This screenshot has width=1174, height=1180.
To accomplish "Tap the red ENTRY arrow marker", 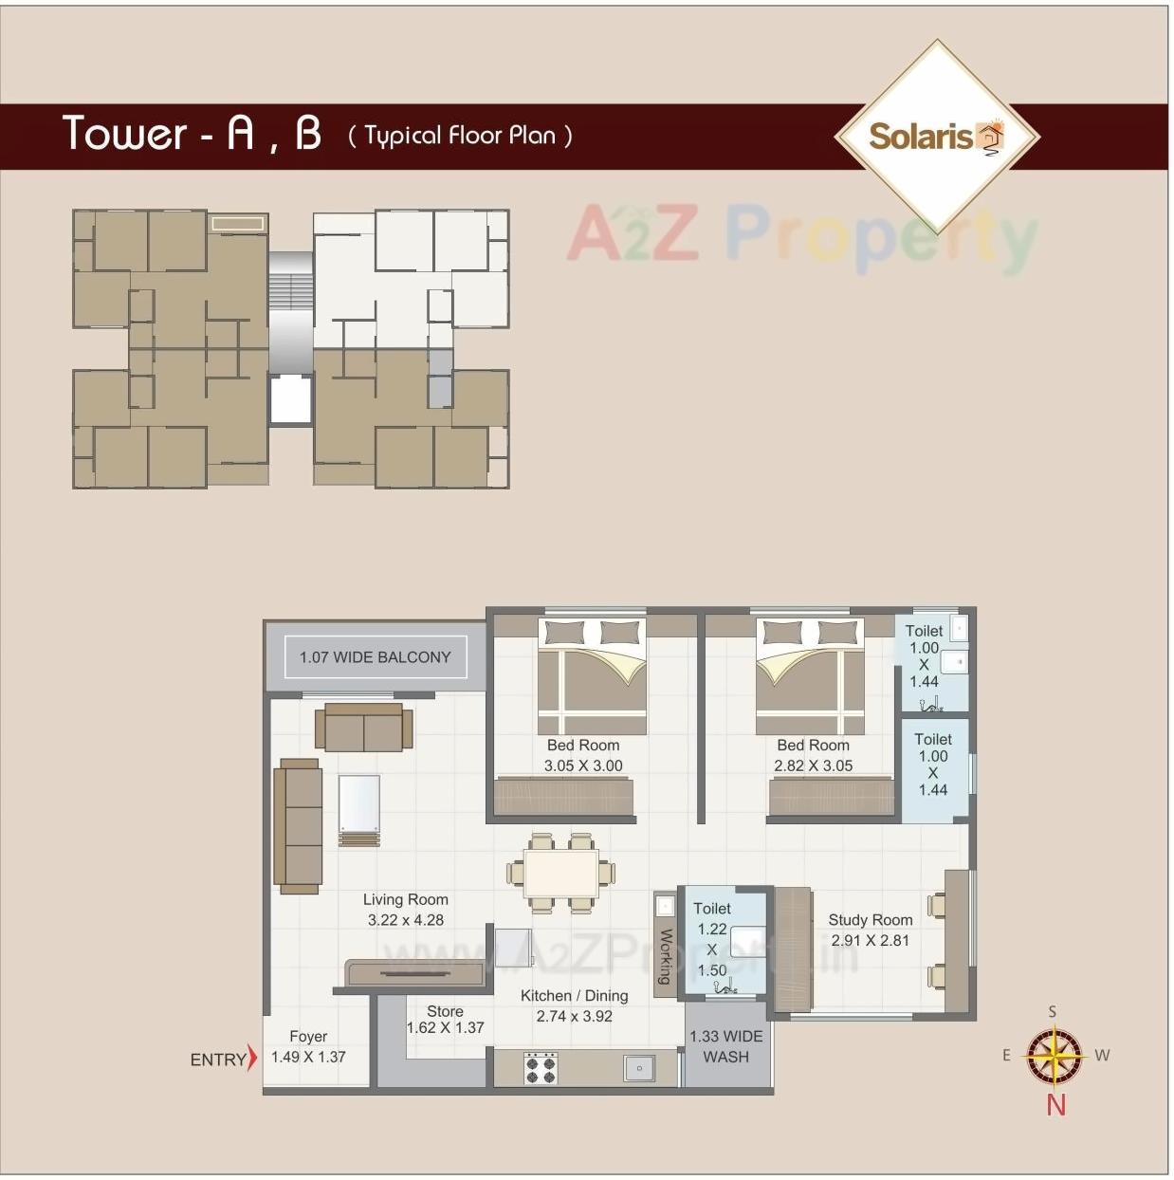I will [251, 1058].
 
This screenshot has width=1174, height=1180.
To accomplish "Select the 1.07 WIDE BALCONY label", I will [376, 657].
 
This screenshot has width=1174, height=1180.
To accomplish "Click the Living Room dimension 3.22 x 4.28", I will [406, 920].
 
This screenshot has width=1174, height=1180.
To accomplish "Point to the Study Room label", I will [870, 920].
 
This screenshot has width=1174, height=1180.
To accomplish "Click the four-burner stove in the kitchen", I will [541, 1068].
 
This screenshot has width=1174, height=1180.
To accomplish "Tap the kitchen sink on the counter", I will [639, 1068].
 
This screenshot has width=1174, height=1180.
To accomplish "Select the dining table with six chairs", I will [560, 873].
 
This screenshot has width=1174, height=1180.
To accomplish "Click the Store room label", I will [445, 1011].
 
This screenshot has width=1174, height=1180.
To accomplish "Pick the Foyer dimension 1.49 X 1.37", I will [308, 1057].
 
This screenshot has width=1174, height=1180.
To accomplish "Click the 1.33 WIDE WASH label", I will [725, 1046].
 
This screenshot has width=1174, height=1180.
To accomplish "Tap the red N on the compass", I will [1055, 1105].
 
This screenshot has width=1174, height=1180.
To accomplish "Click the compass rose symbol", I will [1055, 1057].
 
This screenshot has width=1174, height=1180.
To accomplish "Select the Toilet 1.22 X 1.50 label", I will [712, 939].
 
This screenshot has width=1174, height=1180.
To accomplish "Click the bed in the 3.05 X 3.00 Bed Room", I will [592, 675].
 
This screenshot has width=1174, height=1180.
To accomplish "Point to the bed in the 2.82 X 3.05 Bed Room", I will [810, 675].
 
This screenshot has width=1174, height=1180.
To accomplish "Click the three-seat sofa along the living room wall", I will [298, 825].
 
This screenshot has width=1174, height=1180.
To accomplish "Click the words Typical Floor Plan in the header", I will [460, 136].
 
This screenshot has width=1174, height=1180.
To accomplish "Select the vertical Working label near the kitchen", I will [665, 956].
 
